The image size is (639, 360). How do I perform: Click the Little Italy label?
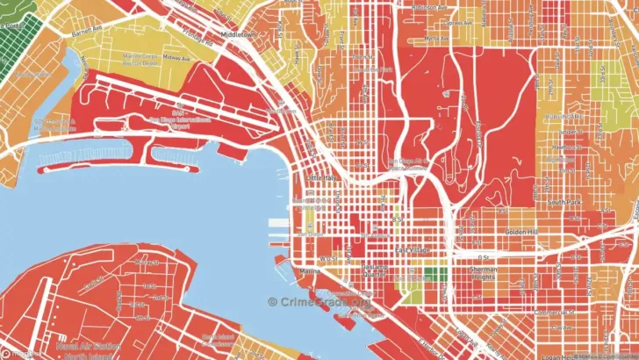pyautogui.click(x=319, y=176)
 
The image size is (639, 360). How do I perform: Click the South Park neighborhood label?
pyautogui.click(x=561, y=202)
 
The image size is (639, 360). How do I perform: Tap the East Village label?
pyautogui.click(x=412, y=251)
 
